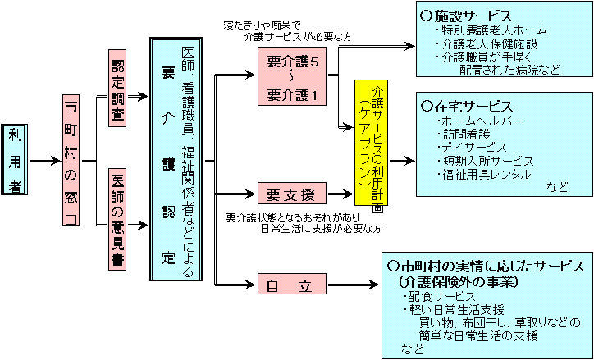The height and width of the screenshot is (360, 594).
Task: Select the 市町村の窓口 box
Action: pyautogui.click(x=73, y=160)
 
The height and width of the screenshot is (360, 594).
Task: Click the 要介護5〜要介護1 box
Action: pyautogui.click(x=292, y=78)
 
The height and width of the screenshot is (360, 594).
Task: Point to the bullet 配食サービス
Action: pyautogui.click(x=447, y=294)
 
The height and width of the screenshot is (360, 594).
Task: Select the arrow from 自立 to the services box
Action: pyautogui.click(x=352, y=286)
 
